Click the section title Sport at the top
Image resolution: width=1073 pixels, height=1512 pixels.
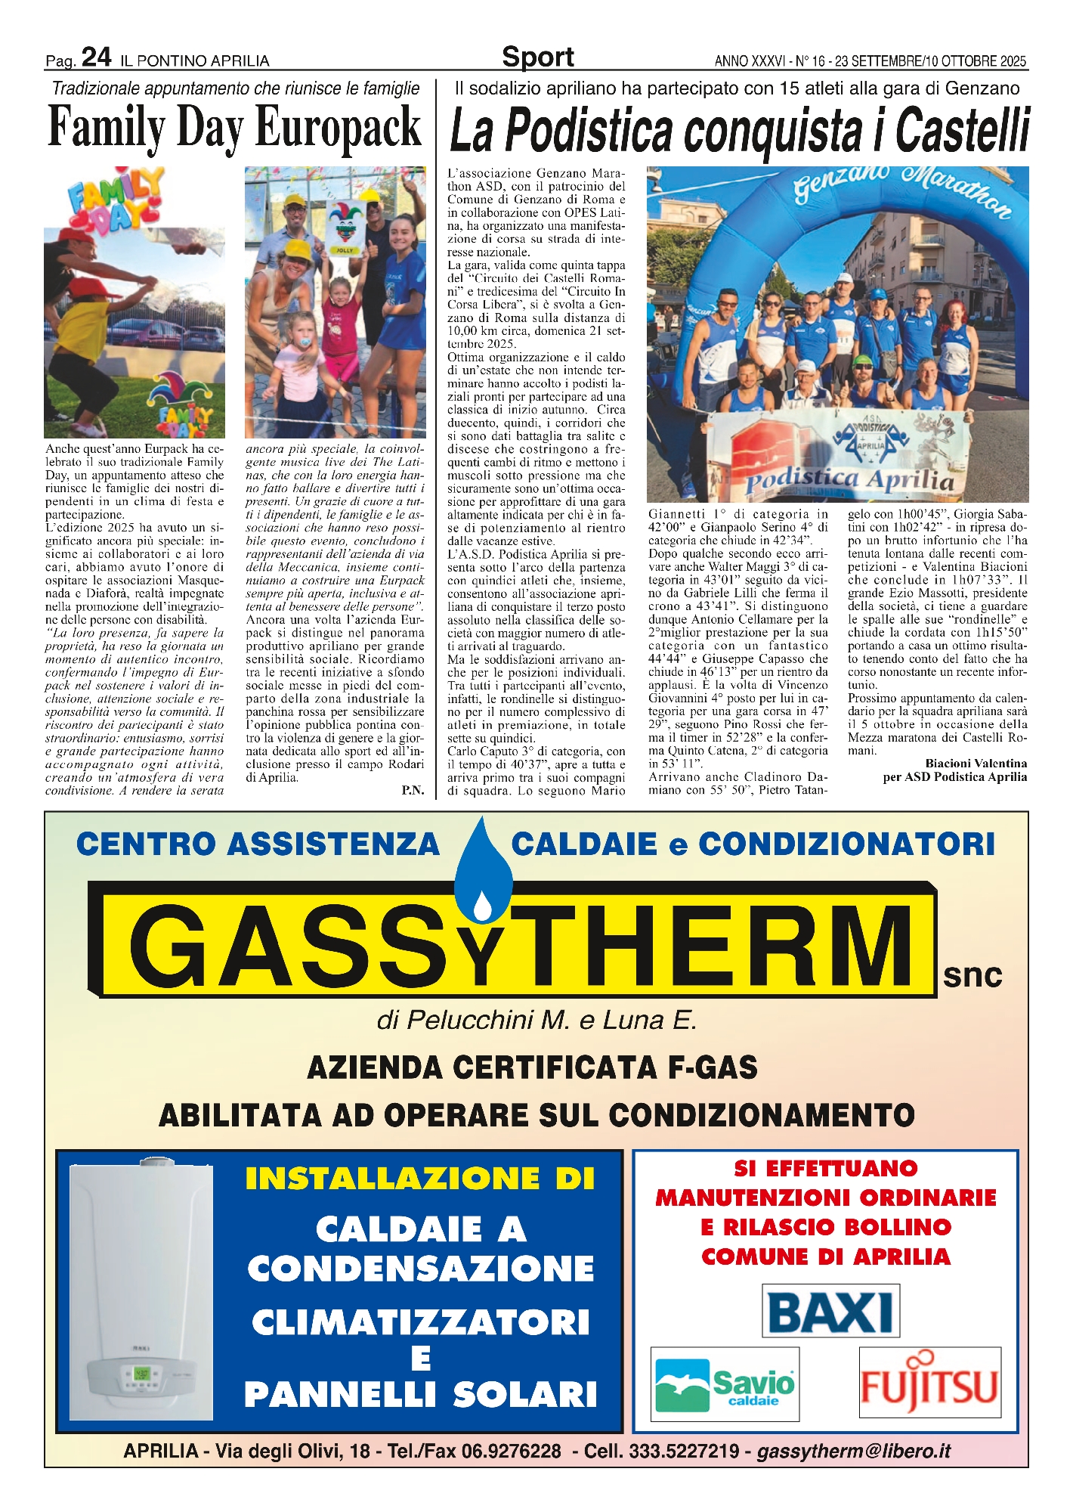coord(537,57)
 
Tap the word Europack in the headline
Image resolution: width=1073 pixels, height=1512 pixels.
coord(337,127)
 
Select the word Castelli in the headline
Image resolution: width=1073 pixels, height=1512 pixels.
coord(961,130)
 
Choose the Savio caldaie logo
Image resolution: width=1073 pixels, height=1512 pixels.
coord(724,1383)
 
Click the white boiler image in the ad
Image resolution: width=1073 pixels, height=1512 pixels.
coord(141,1291)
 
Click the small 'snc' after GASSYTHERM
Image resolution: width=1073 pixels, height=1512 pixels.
coord(973,975)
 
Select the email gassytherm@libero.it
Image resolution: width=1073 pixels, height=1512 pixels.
coord(853,1451)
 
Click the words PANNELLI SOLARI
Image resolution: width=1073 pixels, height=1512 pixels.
coord(420,1394)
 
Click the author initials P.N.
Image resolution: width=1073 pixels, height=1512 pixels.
coord(413,790)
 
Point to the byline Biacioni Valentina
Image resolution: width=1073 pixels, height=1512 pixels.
coord(976,764)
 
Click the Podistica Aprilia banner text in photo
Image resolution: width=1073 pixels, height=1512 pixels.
coord(849,479)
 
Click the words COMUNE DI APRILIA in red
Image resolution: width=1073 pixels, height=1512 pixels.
coord(825,1257)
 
